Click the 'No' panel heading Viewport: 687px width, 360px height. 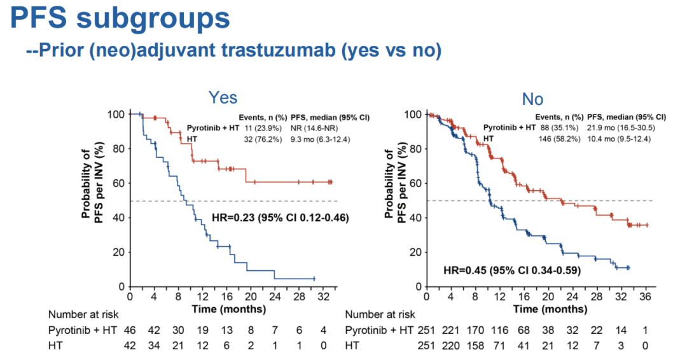click(x=532, y=99)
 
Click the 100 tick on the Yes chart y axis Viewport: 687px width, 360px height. click(x=116, y=114)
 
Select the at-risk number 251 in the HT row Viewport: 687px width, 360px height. click(x=427, y=347)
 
